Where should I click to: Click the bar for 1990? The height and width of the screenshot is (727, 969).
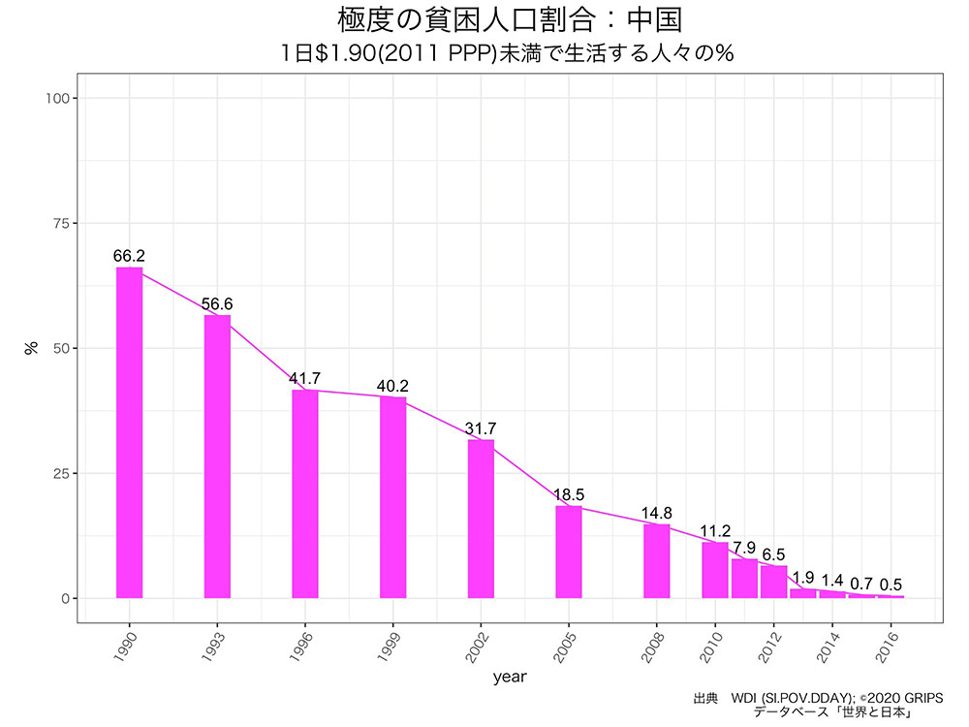pos(129,432)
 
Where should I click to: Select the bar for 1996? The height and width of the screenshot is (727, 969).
pos(305,493)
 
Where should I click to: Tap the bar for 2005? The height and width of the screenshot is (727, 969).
pos(569,552)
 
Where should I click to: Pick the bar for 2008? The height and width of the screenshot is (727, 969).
pos(657,561)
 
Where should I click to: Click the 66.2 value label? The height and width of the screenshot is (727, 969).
pos(129,256)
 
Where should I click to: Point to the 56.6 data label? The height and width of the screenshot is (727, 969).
pos(217,304)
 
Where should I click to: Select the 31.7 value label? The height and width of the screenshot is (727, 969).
pos(481,428)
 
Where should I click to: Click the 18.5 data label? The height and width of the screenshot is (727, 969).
pos(569,494)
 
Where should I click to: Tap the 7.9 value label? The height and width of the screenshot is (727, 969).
pos(744,548)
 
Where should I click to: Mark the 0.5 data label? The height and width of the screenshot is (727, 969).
pos(891,585)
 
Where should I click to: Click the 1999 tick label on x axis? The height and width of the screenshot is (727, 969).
pos(390,645)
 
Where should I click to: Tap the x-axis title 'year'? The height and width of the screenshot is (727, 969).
pos(509,678)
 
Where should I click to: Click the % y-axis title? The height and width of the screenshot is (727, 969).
pos(31,348)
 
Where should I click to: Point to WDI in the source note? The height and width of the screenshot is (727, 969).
pos(744,698)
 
